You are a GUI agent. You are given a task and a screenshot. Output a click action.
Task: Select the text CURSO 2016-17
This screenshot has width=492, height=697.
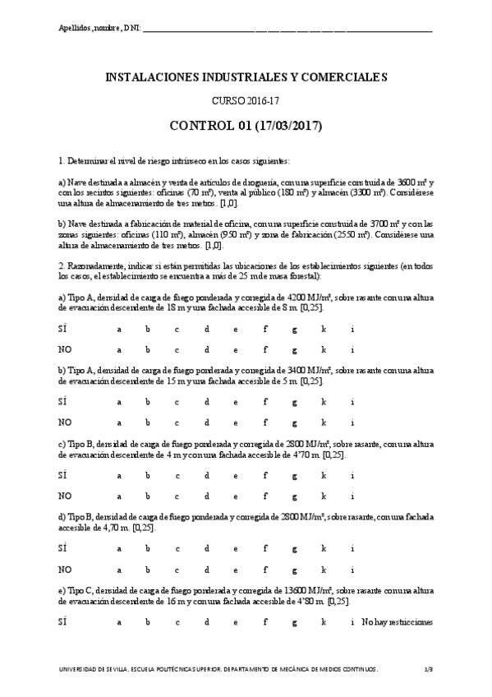click(246, 101)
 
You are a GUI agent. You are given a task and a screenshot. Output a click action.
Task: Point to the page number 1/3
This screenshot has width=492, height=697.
click(428, 671)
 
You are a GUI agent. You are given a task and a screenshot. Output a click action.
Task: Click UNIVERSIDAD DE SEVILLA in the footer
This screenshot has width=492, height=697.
click(102, 671)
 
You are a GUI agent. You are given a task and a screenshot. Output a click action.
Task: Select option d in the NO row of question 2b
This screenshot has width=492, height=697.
click(207, 422)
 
